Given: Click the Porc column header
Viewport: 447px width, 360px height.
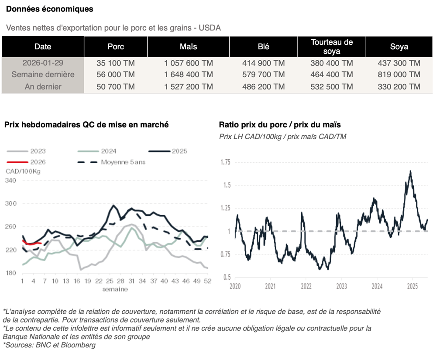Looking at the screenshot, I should click(116, 47).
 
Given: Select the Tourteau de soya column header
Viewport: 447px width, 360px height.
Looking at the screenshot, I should click(331, 47).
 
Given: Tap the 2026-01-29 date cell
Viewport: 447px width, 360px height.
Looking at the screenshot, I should click(42, 63).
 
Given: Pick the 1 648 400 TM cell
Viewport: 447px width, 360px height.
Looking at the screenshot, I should click(188, 75).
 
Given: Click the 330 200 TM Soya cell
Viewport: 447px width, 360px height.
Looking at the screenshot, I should click(399, 86).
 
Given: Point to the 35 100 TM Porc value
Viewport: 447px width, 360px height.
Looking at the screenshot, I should click(116, 63).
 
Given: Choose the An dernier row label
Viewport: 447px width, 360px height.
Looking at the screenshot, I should click(43, 86).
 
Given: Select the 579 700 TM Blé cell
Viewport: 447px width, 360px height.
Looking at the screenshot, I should click(263, 75).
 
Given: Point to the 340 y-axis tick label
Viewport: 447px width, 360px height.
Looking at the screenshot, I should click(10, 180).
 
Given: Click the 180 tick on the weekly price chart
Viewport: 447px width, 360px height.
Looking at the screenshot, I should click(10, 273).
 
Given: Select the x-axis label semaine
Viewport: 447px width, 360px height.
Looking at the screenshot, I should click(115, 289).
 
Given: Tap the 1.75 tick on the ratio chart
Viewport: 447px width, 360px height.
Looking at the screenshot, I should click(225, 162).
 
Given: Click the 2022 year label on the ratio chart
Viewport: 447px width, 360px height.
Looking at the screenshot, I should click(306, 287).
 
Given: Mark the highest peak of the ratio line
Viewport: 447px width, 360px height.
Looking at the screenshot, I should click(410, 171).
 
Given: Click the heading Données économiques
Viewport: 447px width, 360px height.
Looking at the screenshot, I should click(49, 9).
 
